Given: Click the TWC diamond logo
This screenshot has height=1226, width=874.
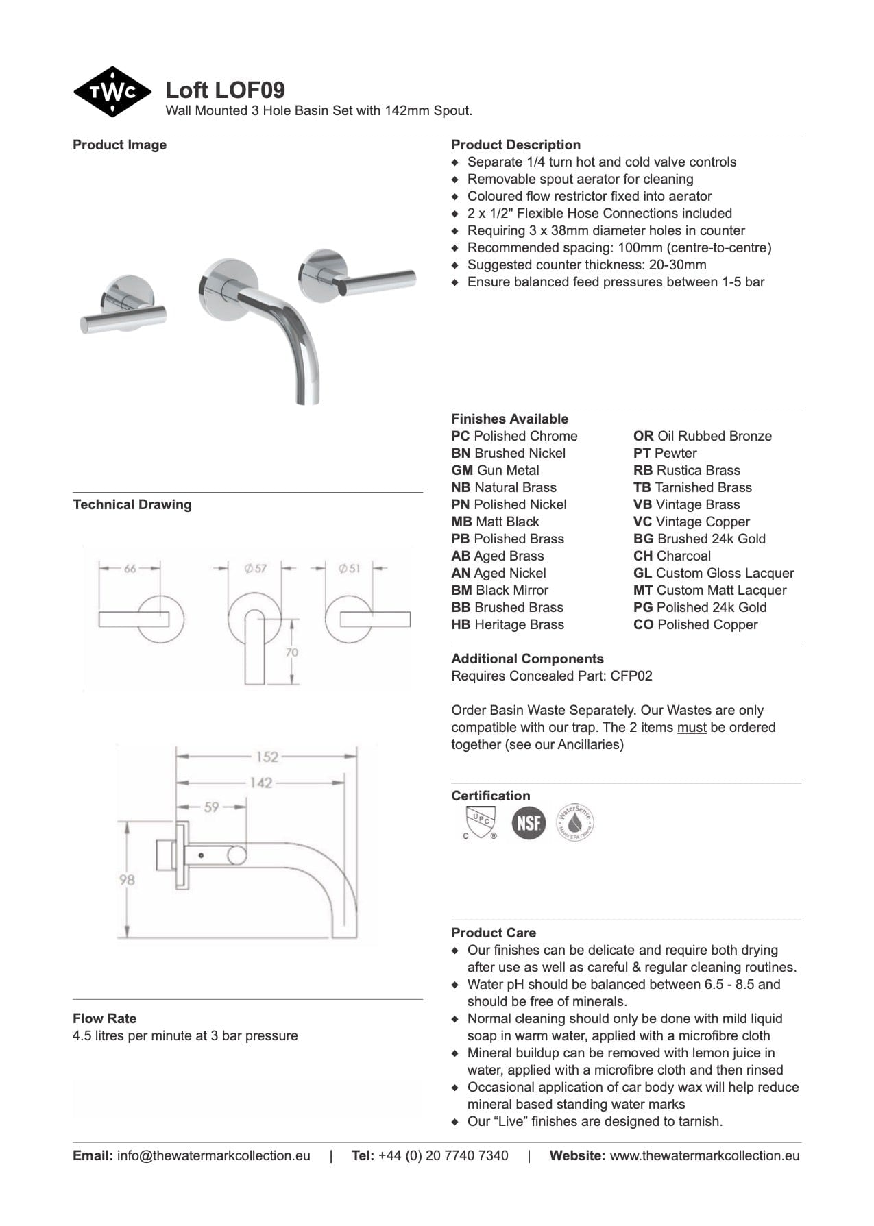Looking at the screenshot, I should (112, 92).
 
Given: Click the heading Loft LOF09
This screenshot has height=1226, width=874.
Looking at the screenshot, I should (225, 90).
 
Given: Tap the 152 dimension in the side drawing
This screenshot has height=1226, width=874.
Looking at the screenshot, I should (267, 757).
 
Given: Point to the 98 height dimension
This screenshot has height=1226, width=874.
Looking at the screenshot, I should (128, 879).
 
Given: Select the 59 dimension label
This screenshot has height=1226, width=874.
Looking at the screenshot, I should (211, 807).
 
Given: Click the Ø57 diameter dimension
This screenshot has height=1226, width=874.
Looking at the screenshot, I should (255, 568).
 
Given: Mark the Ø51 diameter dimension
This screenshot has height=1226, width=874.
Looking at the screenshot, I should (349, 568).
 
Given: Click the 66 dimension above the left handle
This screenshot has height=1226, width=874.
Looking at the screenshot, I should (130, 568).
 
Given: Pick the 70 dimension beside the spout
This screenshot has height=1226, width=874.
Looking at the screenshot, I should (292, 652).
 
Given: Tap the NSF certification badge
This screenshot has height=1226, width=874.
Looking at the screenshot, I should (529, 822).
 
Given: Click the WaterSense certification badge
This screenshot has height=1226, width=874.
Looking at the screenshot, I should (574, 822).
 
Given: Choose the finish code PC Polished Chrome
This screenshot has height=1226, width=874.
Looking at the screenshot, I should (514, 436).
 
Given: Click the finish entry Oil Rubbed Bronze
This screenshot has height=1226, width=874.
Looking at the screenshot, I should (702, 436).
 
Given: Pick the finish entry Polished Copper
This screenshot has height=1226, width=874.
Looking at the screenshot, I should (695, 624).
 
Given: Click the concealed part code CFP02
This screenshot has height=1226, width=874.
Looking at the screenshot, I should (631, 676).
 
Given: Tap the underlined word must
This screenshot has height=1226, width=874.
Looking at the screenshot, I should (691, 727).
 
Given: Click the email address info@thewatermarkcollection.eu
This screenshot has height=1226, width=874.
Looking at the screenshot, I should (213, 1155).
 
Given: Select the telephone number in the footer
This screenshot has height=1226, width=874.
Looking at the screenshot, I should (443, 1155).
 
